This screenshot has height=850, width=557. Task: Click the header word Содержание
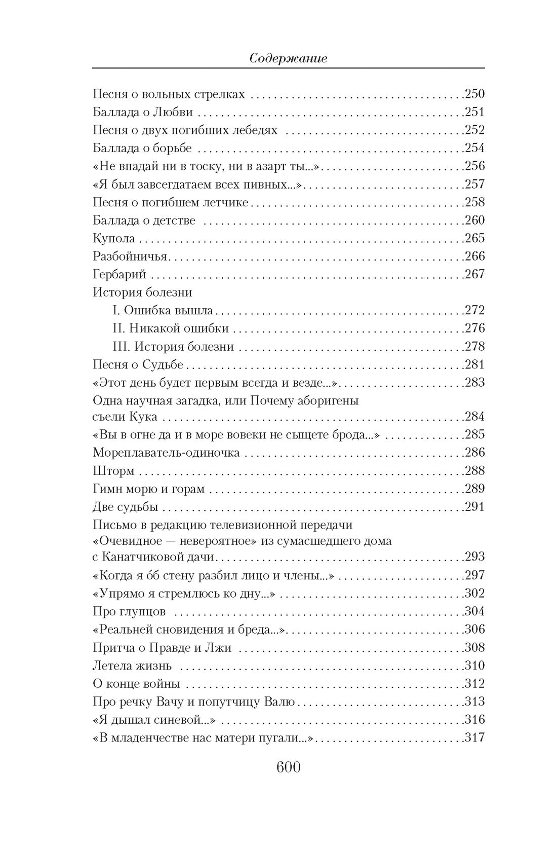coord(289,58)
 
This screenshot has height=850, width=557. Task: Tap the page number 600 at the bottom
coord(288,767)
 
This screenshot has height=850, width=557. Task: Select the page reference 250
coord(475,94)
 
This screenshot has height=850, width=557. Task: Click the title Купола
coord(114,238)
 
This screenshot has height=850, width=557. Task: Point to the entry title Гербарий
coord(120,274)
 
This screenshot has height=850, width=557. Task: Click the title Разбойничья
coord(130,256)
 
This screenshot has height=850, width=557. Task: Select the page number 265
coord(475,238)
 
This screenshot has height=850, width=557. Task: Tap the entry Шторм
coord(113,471)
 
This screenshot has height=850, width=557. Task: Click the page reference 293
coord(475,557)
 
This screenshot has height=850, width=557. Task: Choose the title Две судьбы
coord(126,507)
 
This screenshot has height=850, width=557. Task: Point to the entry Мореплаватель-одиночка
coord(166,453)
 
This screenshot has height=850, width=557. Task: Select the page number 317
coord(475,737)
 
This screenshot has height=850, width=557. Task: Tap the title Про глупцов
coord(129,611)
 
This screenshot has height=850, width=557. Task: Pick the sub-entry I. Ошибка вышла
coord(163,310)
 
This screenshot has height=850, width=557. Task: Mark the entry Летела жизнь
coord(132,666)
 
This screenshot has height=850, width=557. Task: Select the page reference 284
coord(475,417)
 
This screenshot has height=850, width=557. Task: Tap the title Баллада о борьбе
coord(142,148)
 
